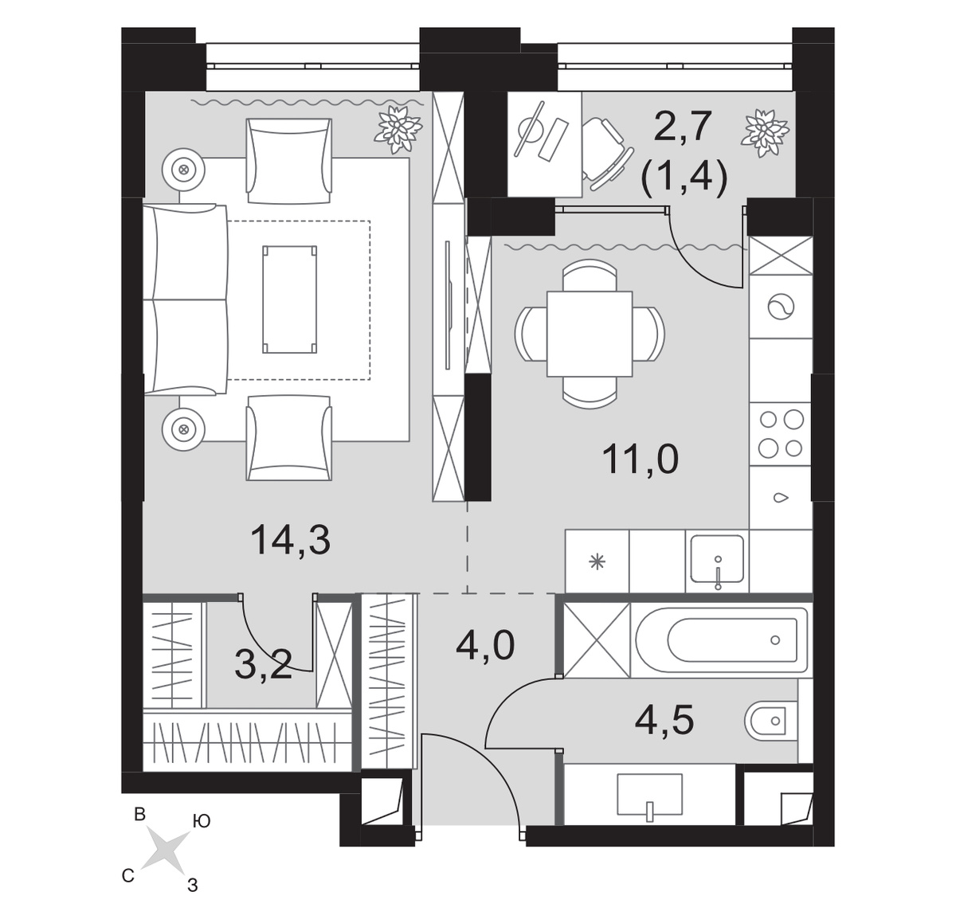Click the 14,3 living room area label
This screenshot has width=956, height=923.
pos(290,540)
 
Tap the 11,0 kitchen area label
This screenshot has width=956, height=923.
pos(640,460)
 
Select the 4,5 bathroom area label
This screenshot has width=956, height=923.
pos(664,720)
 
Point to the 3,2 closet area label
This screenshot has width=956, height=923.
pos(264,663)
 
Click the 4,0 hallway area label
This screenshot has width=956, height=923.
pos(485,645)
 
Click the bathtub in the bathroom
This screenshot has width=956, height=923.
pos(721,640)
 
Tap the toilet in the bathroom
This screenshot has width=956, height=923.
pos(770,721)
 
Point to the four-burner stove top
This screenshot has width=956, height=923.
pos(781,433)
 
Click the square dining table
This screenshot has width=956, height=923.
pos(589,334)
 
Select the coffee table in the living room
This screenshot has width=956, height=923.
pos(289,299)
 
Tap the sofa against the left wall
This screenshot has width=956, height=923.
pos(186,299)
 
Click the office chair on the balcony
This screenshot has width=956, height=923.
pos(604,154)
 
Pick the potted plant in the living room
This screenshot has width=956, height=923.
pos(399,128)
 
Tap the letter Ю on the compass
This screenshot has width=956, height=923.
pos(202,821)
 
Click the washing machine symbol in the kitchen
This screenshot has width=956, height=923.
pos(781,307)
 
